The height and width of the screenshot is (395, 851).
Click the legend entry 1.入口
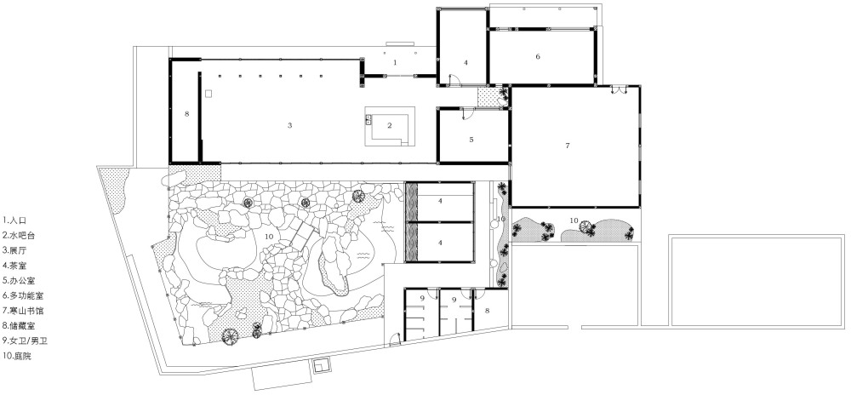pos(14,220)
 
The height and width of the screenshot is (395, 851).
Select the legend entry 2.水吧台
pos(19,236)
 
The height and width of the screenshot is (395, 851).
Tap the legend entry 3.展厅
pos(14,251)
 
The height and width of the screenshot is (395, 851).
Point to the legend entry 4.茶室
pos(14,266)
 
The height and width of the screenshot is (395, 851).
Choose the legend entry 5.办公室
pos(19,282)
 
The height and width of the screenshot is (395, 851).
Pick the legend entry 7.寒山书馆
pos(23,312)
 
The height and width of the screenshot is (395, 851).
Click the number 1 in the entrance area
pos(395,62)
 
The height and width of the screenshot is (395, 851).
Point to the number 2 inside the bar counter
pos(389,125)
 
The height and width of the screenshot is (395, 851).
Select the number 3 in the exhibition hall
pos(290,125)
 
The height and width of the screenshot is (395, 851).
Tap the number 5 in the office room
pos(471,140)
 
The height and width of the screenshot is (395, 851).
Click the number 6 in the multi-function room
pos(538,56)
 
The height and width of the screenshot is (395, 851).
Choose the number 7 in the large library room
pos(568,146)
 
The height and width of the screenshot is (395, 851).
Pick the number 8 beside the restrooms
pos(487,311)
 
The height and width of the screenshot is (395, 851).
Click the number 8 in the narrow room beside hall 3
pos(186,114)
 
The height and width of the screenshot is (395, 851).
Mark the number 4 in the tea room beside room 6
pos(465,62)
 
